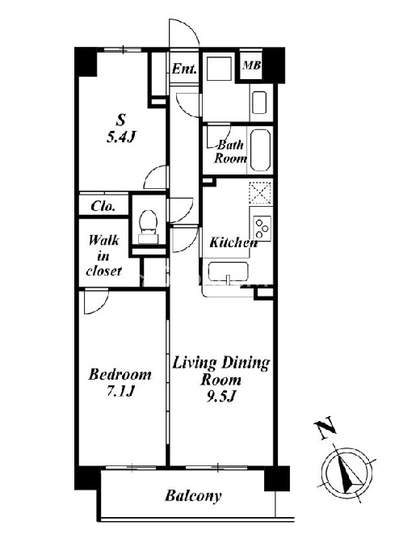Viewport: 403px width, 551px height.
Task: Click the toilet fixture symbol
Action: pos(148,227)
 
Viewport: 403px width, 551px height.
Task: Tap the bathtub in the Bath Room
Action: pos(261,149)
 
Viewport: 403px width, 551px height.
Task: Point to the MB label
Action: pos(251,65)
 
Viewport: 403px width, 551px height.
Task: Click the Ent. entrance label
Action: pos(184,69)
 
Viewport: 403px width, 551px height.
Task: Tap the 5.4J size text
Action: pos(120,137)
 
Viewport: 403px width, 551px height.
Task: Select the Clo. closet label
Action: pos(103,206)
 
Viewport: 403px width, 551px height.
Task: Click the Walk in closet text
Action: pos(104,256)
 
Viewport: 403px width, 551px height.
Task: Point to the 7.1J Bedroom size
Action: pos(121,391)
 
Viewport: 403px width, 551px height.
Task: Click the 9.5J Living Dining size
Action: pos(220,397)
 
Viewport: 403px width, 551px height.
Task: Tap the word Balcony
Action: pos(193,496)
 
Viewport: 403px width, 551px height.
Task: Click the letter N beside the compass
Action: pos(325,427)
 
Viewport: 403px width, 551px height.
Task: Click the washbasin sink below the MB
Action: pos(259,103)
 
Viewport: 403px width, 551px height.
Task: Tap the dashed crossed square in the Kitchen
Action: pos(260,192)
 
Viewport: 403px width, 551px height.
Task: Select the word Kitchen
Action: pos(233,242)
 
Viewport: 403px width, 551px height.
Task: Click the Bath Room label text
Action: pos(230,151)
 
